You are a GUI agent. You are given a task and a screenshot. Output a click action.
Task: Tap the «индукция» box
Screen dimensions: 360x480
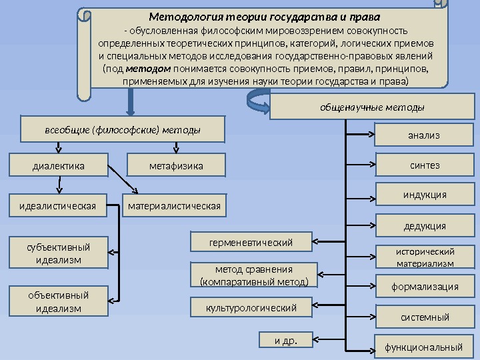tap(424, 195)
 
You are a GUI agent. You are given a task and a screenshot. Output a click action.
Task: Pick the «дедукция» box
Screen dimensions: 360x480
tap(424, 226)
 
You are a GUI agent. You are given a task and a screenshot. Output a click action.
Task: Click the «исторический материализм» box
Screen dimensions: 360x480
tap(424, 257)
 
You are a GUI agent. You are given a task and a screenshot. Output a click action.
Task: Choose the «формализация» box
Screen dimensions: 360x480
tap(424, 287)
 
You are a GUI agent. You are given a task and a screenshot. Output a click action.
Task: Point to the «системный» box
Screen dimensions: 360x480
tap(424, 317)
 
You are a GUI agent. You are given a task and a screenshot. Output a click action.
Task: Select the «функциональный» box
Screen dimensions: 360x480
tap(424, 347)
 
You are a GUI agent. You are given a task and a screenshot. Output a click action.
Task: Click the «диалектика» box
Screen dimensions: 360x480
tap(58, 165)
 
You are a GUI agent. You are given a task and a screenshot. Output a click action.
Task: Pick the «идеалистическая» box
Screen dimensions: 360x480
tap(58, 206)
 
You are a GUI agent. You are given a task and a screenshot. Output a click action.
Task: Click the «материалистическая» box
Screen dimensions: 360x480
tap(175, 206)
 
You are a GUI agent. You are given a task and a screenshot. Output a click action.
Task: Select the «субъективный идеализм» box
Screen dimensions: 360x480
tap(58, 253)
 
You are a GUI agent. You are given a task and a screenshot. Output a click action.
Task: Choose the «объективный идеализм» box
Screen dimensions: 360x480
tap(58, 301)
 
